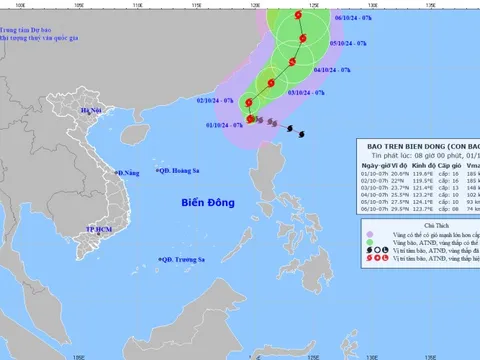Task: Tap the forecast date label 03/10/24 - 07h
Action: click(305, 92)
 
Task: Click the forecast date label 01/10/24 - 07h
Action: click(224, 125)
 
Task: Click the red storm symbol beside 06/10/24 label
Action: click(303, 17)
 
